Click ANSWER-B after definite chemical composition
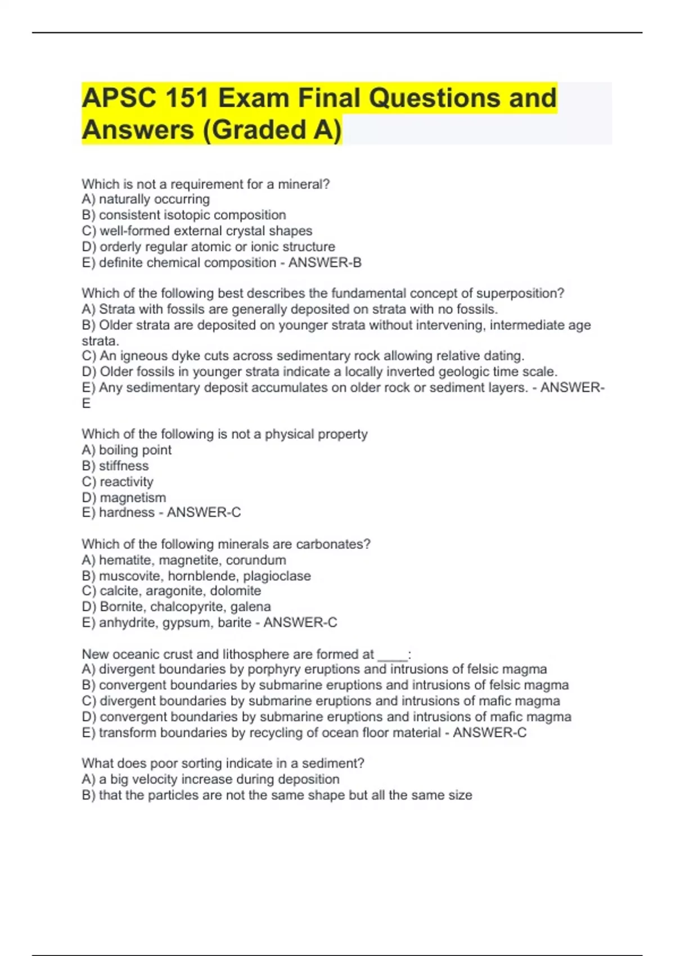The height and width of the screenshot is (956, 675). tap(325, 263)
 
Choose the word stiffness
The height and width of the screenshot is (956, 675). tap(124, 466)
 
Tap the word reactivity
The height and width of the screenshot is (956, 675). tap(126, 482)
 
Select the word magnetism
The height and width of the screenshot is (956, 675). tap(133, 498)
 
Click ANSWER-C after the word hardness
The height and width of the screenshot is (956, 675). tap(204, 512)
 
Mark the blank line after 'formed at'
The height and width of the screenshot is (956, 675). tap(392, 656)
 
